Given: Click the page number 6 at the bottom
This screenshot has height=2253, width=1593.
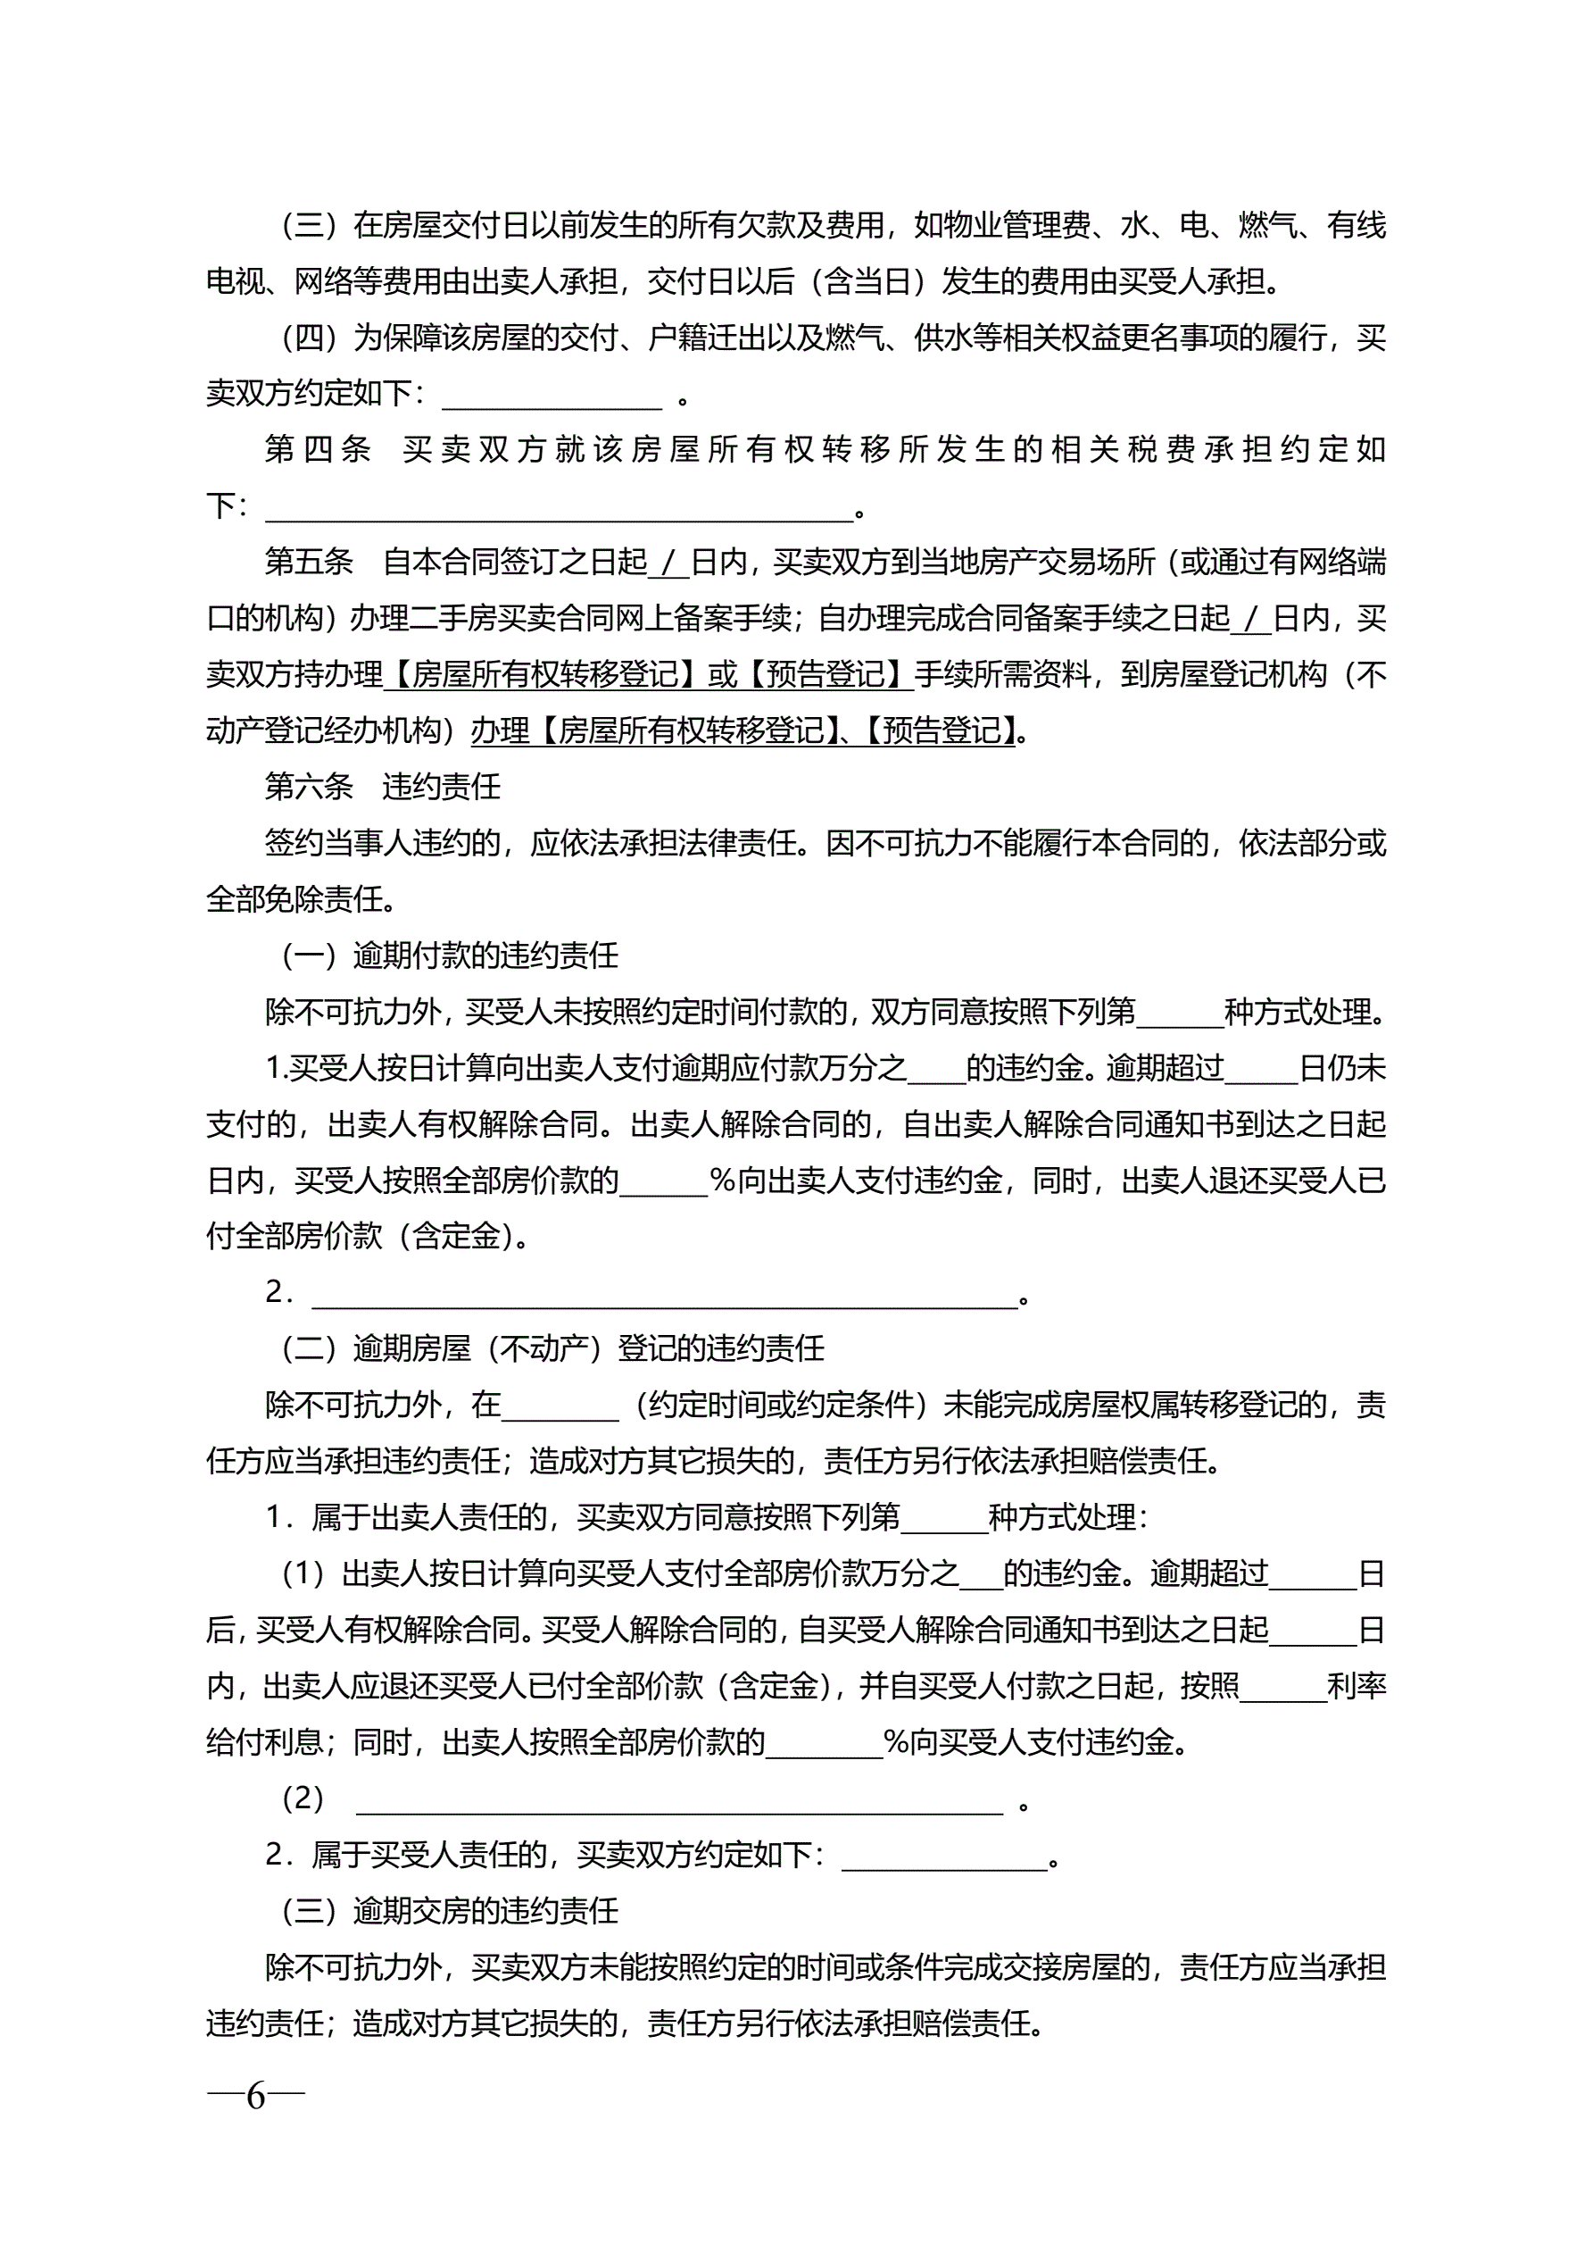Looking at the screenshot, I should point(255,2097).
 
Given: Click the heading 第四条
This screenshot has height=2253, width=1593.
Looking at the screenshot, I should point(318,449).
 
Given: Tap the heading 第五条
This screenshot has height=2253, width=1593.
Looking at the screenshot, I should point(309,563).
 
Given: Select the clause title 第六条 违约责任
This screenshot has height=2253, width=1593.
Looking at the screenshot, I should point(383,787).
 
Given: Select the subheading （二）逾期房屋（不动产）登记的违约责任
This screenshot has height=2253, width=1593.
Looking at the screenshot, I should point(553,1349).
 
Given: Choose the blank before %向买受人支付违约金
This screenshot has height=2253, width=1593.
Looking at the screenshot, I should point(824,1745).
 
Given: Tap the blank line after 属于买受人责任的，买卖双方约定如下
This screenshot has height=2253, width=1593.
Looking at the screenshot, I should point(944,1857).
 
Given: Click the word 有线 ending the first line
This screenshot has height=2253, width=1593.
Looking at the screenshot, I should point(1357,226).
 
